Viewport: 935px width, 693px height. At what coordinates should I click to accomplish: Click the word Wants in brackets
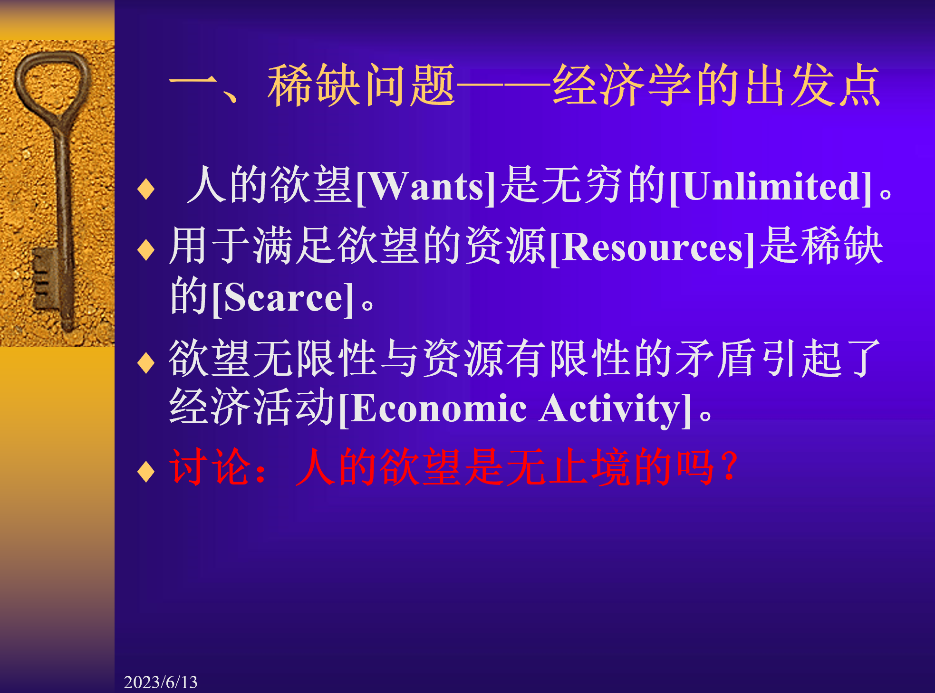coord(426,187)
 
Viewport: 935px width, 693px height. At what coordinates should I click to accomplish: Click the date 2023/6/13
coord(161,682)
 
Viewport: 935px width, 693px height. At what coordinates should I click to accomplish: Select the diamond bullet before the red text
coord(146,471)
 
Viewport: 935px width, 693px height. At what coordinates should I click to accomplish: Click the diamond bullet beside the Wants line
coord(146,189)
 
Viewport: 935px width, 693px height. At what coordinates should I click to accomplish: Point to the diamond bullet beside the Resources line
coord(146,250)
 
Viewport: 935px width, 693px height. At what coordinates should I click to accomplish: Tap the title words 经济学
coord(623,85)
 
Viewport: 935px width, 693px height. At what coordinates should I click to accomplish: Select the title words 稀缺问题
coord(361,85)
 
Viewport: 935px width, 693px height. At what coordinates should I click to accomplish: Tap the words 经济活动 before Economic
coord(252,407)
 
